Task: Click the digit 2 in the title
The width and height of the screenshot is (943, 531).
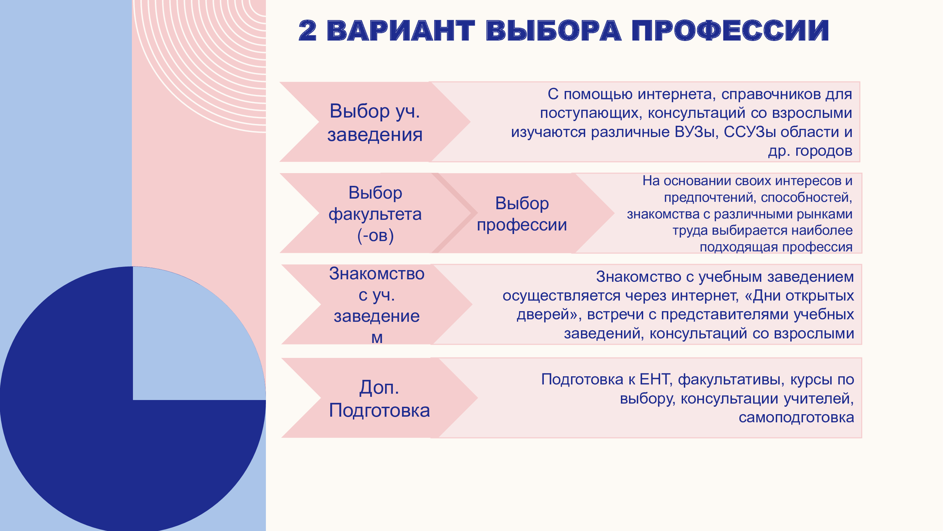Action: tap(307, 30)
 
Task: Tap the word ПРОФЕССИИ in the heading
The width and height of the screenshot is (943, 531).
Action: tap(730, 30)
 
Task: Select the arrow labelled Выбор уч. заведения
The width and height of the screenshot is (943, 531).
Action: tap(375, 122)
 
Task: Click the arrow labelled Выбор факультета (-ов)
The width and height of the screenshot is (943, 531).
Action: tap(377, 213)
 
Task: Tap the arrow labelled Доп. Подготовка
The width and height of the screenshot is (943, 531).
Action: tap(379, 398)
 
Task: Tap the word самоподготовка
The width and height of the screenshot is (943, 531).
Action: tap(796, 417)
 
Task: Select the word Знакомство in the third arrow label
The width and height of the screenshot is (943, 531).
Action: tap(377, 273)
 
